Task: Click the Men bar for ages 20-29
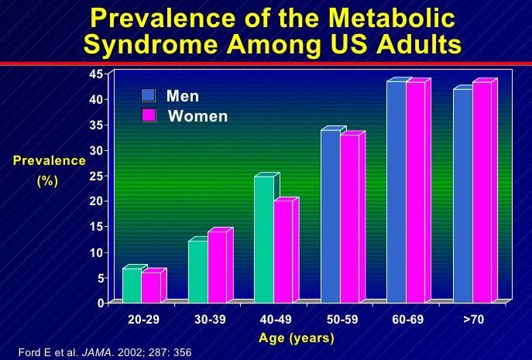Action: pyautogui.click(x=132, y=285)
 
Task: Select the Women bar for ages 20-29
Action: pyautogui.click(x=150, y=287)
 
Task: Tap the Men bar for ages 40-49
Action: pyautogui.click(x=264, y=239)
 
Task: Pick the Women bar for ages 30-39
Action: pyautogui.click(x=217, y=266)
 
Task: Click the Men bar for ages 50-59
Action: pyautogui.click(x=331, y=216)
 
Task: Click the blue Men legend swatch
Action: pyautogui.click(x=148, y=95)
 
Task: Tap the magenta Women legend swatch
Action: pyautogui.click(x=148, y=115)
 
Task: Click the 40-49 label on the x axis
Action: pyautogui.click(x=276, y=320)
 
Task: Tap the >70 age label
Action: pyautogui.click(x=472, y=320)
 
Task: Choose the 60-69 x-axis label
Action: pyautogui.click(x=407, y=320)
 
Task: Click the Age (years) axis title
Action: pyautogui.click(x=297, y=338)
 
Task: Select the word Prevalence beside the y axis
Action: pyautogui.click(x=49, y=160)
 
